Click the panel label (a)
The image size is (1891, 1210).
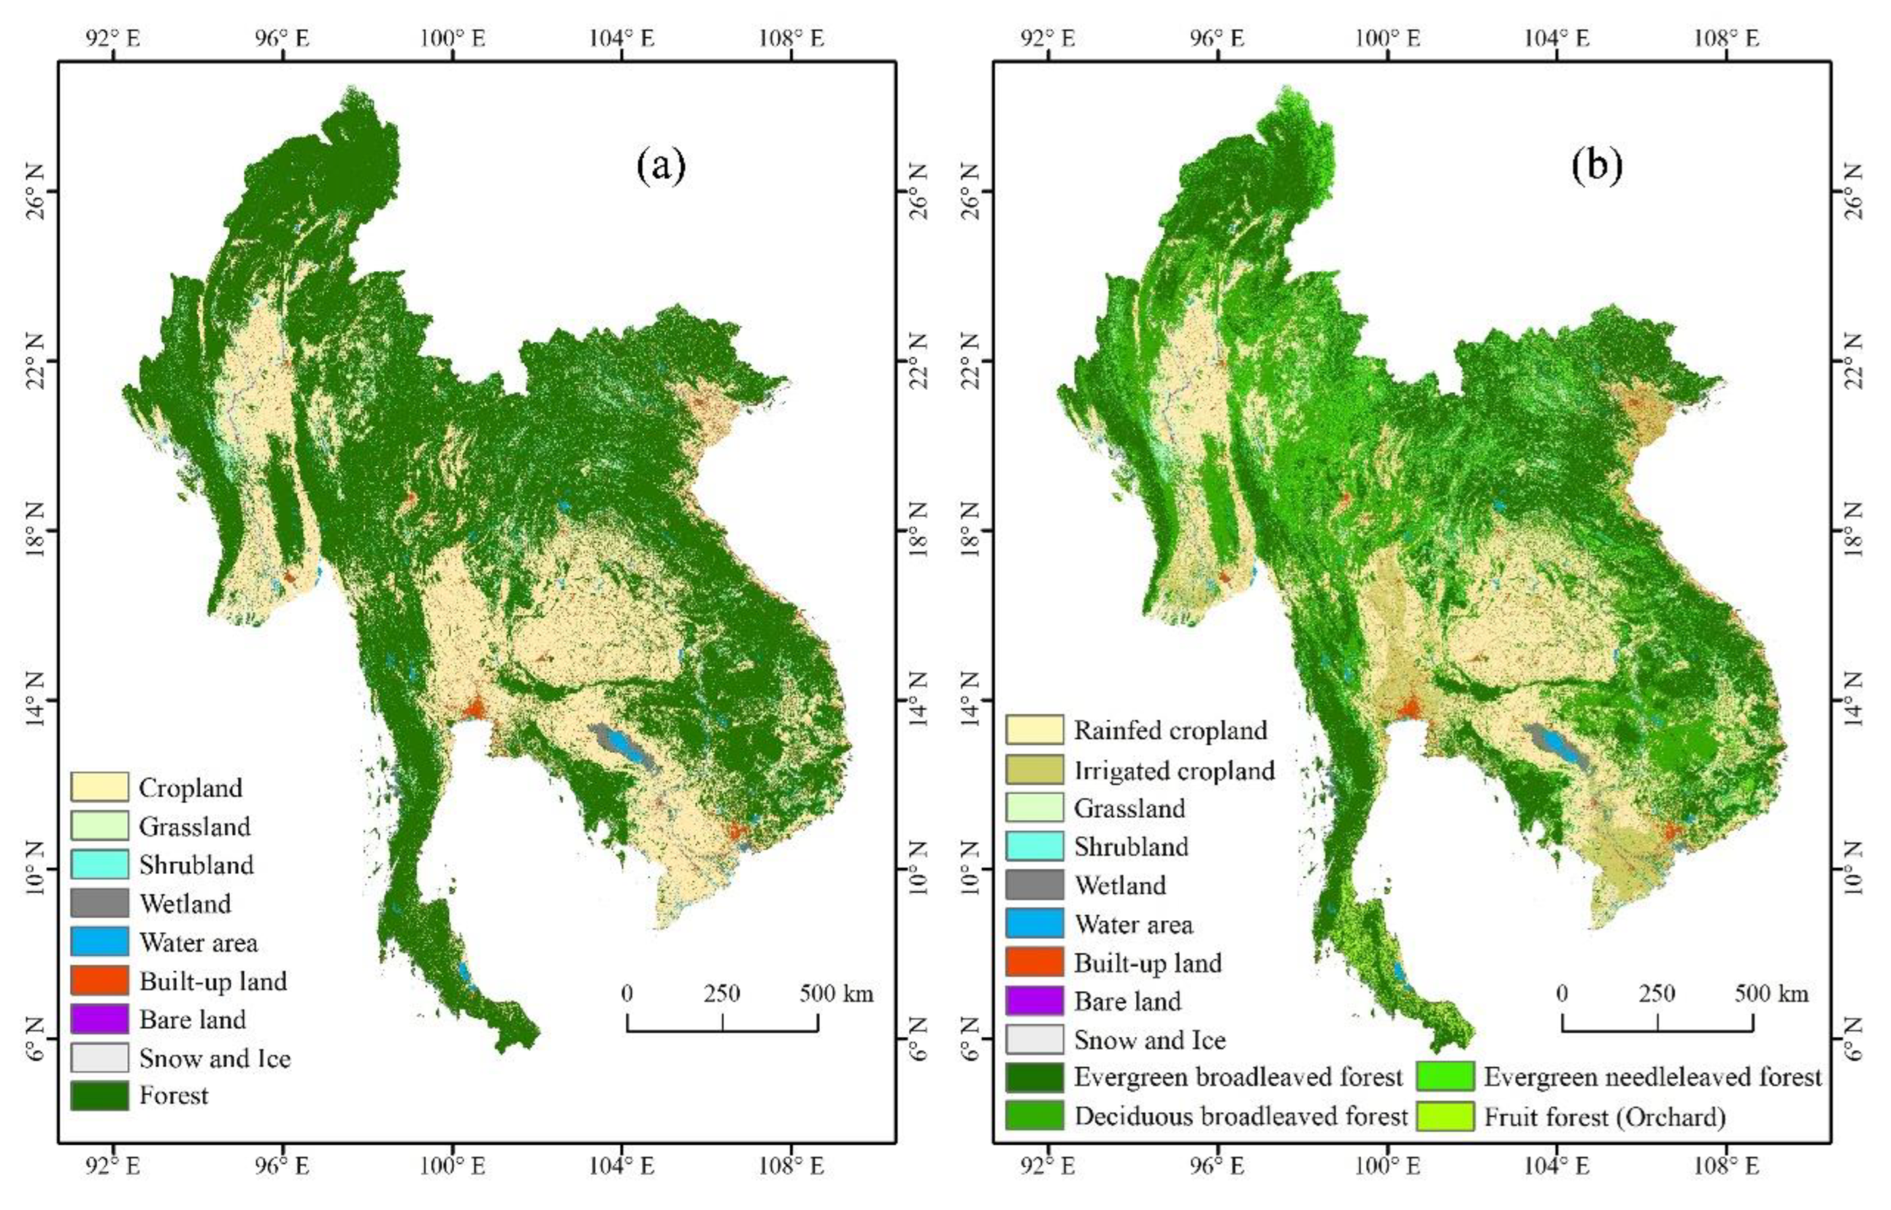click(661, 166)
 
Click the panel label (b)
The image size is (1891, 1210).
click(1596, 166)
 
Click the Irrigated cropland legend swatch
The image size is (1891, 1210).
click(1034, 770)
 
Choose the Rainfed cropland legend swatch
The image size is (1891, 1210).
click(1034, 730)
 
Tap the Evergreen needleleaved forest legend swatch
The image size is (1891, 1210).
click(1445, 1076)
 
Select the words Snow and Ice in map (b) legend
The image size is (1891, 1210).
click(1150, 1040)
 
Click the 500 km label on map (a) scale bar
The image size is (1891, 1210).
click(836, 994)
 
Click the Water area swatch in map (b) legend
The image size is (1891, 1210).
click(1034, 923)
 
